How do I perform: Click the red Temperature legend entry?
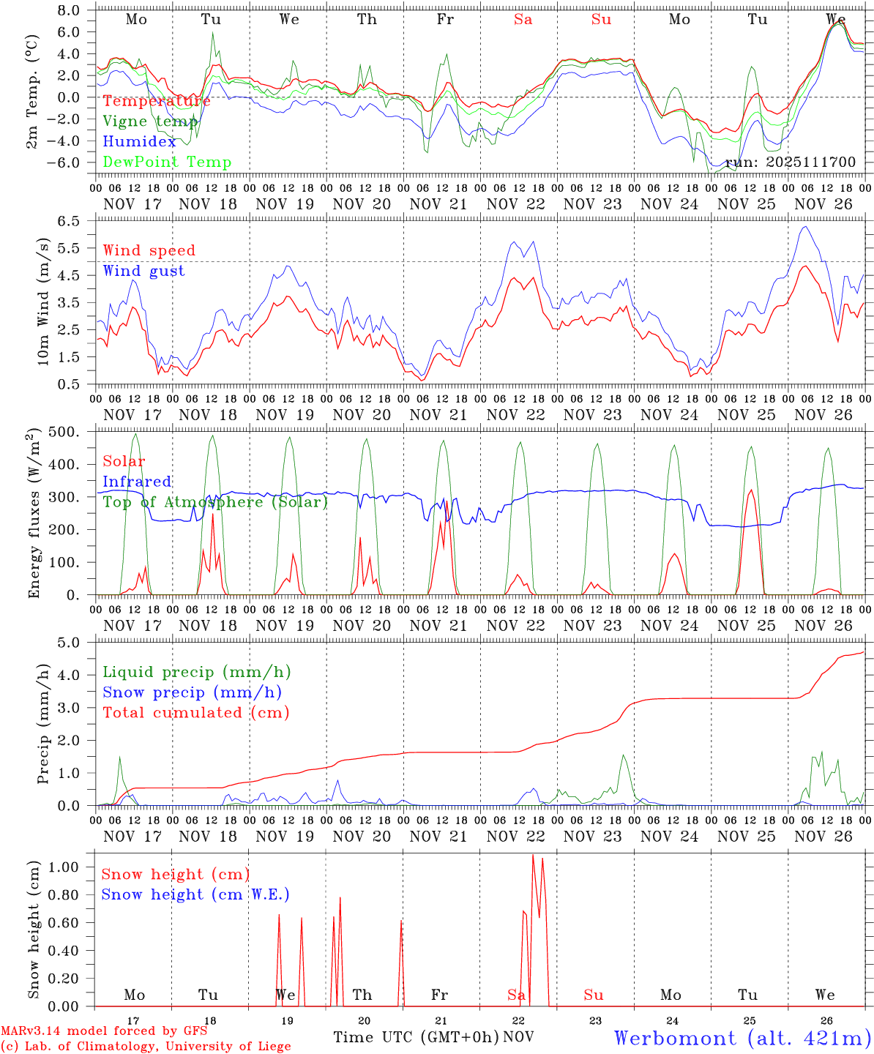coord(156,101)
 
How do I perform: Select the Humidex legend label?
coord(139,142)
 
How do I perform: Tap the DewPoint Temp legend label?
coord(167,162)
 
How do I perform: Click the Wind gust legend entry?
coord(143,271)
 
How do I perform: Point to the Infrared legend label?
coord(137,482)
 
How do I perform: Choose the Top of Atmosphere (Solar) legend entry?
coord(214,502)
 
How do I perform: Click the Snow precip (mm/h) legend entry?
coord(192,692)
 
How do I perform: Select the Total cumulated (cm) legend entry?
coord(195,713)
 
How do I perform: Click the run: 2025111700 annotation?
coord(790,162)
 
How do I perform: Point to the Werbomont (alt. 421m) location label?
coord(742,1038)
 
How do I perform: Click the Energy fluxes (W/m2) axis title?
coord(34,515)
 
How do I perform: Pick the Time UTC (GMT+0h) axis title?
coord(416,1037)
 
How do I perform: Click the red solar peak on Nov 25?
coord(750,490)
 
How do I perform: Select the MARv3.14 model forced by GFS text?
coord(104,1031)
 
